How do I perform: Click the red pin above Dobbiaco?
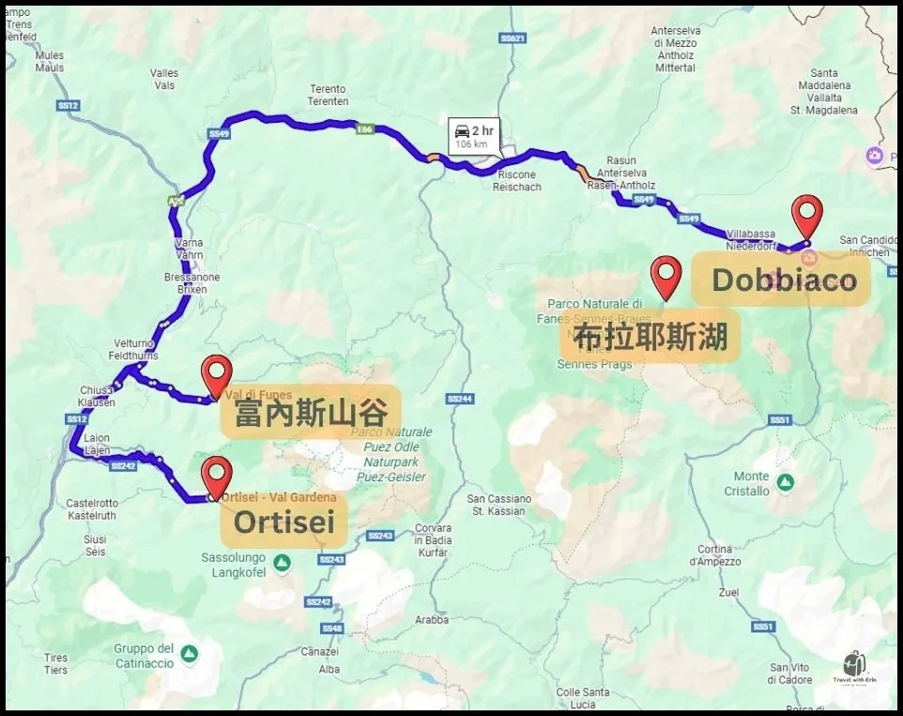pyautogui.click(x=807, y=215)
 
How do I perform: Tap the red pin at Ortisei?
pyautogui.click(x=217, y=475)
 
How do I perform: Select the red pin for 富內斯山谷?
pyautogui.click(x=217, y=375)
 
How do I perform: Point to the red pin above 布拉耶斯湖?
pyautogui.click(x=666, y=276)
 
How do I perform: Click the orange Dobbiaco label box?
pyautogui.click(x=782, y=280)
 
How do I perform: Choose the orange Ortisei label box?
pyautogui.click(x=284, y=521)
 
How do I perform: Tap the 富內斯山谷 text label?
pyautogui.click(x=311, y=413)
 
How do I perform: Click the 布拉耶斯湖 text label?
pyautogui.click(x=650, y=337)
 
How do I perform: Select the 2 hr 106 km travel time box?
pyautogui.click(x=474, y=136)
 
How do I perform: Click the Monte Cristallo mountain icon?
pyautogui.click(x=785, y=481)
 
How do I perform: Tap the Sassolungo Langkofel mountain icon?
pyautogui.click(x=283, y=562)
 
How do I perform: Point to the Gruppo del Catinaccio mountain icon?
pyautogui.click(x=189, y=652)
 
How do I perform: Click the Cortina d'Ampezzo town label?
pyautogui.click(x=714, y=555)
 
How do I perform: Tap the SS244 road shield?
pyautogui.click(x=459, y=399)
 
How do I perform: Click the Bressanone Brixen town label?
pyautogui.click(x=191, y=283)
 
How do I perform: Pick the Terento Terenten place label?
pyautogui.click(x=329, y=95)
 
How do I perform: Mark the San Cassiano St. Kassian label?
pyautogui.click(x=498, y=504)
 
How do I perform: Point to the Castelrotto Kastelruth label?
pyautogui.click(x=92, y=510)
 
